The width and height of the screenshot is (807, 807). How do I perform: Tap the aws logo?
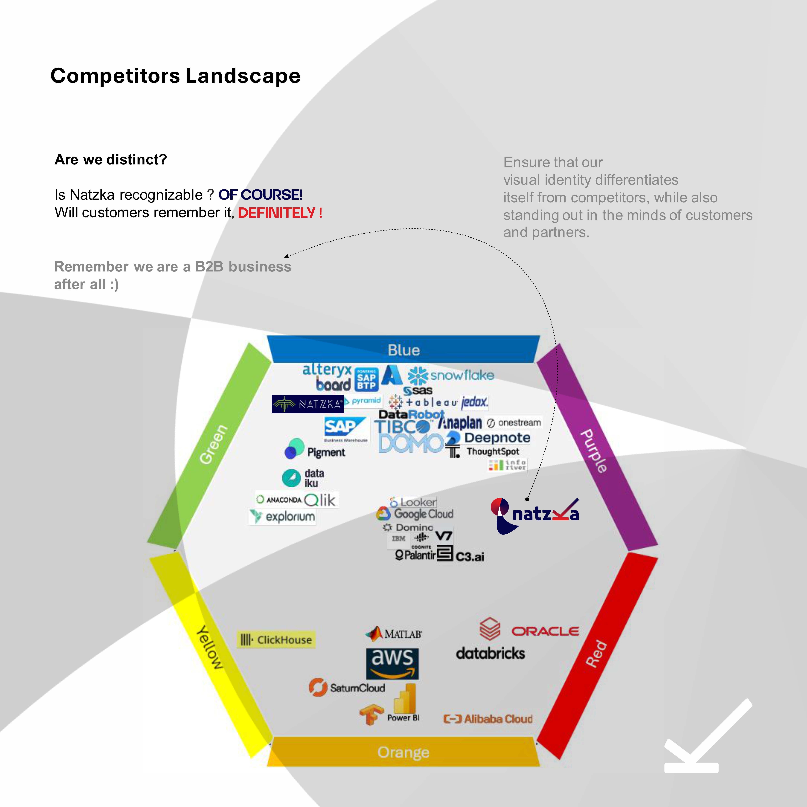coord(392,663)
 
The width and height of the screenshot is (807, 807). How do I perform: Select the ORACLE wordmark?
coord(545,631)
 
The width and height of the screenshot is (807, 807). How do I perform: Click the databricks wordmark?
coord(490,653)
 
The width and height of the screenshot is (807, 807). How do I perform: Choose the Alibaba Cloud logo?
coord(488,719)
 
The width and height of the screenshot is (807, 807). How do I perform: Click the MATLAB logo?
coord(393,634)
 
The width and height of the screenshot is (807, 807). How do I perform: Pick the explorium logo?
coord(282,517)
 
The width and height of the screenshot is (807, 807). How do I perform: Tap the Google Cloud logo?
coord(415,514)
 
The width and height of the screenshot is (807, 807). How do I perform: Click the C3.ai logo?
coord(470,556)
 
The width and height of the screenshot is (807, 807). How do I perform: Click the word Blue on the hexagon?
coord(403,350)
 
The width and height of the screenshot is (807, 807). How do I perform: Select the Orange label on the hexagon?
coord(403,752)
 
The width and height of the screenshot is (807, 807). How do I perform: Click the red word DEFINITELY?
coord(280,213)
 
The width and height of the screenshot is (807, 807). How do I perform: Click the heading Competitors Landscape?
coord(175,76)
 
